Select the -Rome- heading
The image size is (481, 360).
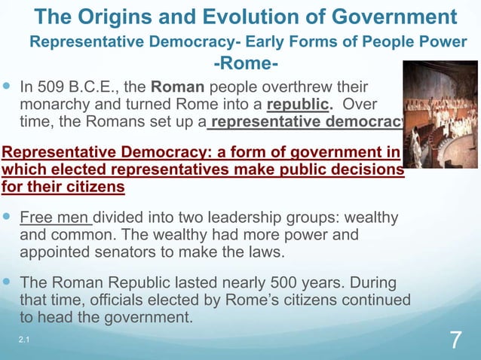[x=247, y=63]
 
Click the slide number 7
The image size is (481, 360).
[x=455, y=340]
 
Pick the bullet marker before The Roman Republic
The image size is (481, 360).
[x=8, y=284]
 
